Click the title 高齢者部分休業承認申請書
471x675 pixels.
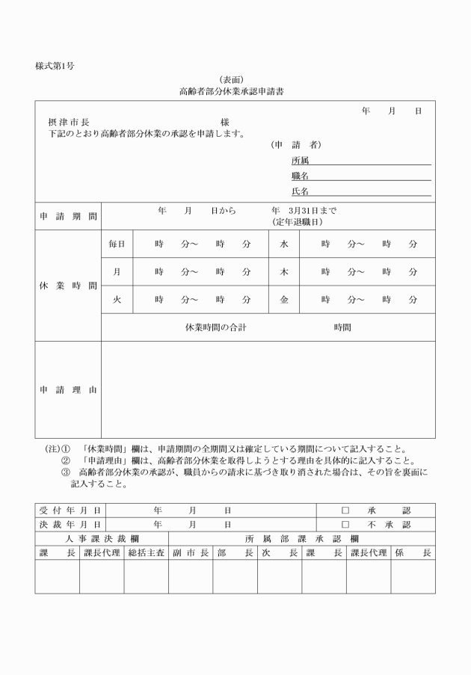(x=230, y=92)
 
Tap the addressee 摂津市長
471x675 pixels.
(x=69, y=122)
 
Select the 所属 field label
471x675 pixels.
(x=300, y=160)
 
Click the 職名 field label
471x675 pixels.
(x=300, y=176)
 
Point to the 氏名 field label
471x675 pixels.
(x=300, y=191)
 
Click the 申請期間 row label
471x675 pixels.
(x=68, y=217)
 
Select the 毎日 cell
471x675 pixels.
(x=117, y=244)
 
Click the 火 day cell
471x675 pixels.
(x=117, y=300)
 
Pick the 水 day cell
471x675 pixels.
(x=284, y=244)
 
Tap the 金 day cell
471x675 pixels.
(x=284, y=300)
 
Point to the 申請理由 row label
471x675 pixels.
(x=68, y=389)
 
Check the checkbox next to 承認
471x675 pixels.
(x=345, y=510)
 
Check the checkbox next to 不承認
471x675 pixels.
(x=345, y=525)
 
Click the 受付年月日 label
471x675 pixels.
(x=70, y=510)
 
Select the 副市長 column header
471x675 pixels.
(x=191, y=553)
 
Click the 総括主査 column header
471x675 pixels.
(x=147, y=553)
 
